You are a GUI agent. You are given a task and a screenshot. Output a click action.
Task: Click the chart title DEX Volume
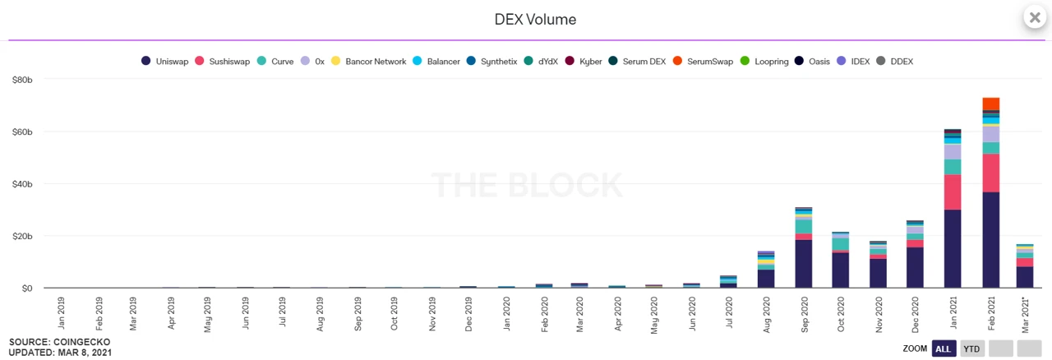click(x=535, y=19)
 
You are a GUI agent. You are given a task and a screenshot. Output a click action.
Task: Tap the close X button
click(x=1035, y=17)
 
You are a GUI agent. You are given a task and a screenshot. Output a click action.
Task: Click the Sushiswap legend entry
click(x=226, y=62)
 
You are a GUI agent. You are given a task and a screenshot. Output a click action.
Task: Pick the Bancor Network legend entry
click(x=369, y=62)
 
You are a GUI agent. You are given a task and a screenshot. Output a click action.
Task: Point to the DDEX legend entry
click(x=896, y=62)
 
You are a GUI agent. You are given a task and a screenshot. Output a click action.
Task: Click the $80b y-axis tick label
click(x=21, y=80)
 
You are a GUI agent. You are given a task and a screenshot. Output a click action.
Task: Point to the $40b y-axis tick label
click(x=21, y=184)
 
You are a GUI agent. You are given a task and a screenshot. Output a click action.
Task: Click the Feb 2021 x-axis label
click(x=991, y=313)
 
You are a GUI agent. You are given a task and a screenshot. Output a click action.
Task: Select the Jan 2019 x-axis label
click(x=62, y=313)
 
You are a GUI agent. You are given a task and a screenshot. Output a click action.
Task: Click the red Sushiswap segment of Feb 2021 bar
click(x=990, y=173)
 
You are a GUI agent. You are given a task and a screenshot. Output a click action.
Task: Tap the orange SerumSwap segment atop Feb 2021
click(x=990, y=104)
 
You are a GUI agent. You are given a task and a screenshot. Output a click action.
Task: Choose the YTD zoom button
click(x=972, y=348)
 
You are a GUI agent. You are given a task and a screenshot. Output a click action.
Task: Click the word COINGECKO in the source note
click(x=82, y=342)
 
